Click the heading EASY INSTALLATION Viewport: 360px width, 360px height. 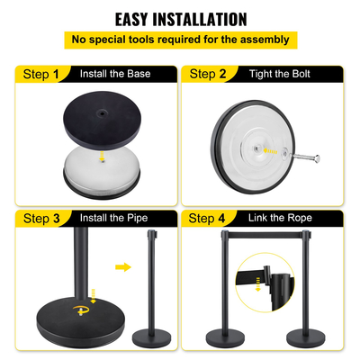180,18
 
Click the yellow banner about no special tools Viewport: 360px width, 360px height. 180,40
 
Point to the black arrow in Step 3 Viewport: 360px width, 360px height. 122,267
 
